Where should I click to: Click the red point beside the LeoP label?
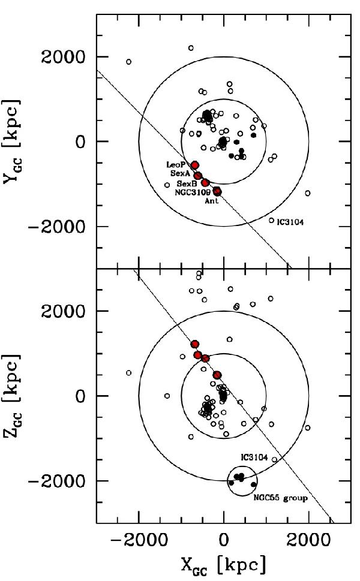coord(195,165)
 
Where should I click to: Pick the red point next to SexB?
coord(205,182)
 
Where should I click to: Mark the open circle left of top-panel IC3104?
coord(271,220)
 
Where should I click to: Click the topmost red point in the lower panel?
coord(195,344)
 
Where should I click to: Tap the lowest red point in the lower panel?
coord(217,375)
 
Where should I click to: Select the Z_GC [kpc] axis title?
coord(14,396)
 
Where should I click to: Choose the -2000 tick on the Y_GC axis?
coord(62,227)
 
